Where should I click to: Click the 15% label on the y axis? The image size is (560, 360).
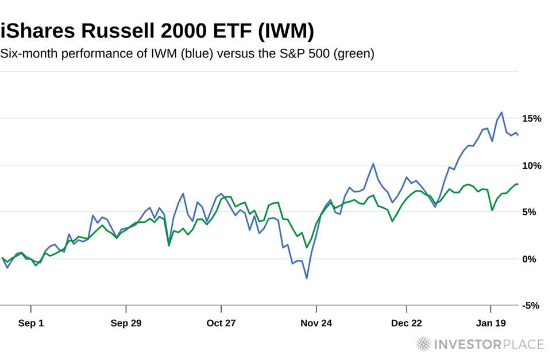tap(531, 118)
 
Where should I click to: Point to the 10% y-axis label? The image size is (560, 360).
tap(531, 165)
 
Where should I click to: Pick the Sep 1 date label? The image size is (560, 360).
tap(31, 323)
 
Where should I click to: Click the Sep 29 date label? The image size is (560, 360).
tap(126, 323)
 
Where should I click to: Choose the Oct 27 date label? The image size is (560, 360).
tap(221, 323)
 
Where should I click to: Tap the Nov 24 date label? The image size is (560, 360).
tap(316, 323)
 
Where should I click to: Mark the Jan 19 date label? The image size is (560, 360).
tap(491, 323)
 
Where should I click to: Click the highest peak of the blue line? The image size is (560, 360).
tap(502, 113)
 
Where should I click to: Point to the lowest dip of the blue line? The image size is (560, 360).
tap(307, 278)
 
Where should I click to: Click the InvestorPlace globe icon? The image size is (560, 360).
tap(423, 344)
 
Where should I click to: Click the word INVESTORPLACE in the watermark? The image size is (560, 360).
tap(489, 344)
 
